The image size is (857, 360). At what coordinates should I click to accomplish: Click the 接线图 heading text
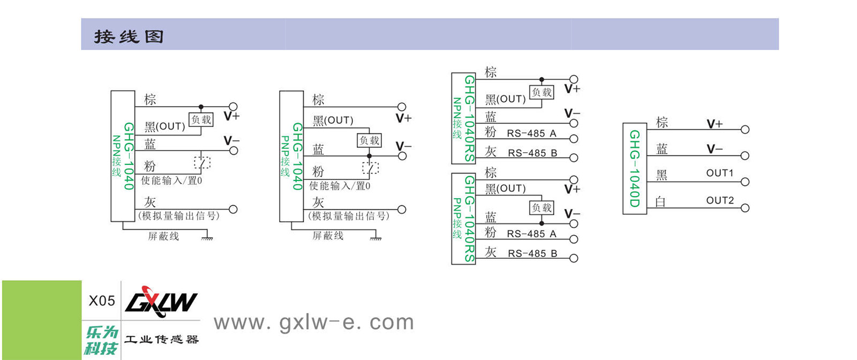[x=129, y=36]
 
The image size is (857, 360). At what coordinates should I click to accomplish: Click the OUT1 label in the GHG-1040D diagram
[x=719, y=173]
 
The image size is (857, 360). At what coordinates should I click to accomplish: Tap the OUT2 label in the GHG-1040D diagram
[x=719, y=200]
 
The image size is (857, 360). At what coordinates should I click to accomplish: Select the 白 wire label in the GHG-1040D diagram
[x=660, y=202]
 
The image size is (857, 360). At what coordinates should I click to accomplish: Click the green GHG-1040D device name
[x=634, y=168]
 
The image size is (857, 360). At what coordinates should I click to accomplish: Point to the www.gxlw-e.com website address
[x=314, y=322]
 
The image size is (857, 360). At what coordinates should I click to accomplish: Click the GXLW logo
[x=161, y=301]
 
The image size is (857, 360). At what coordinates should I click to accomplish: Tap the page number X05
[x=102, y=301]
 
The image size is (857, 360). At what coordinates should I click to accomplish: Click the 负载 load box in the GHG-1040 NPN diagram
[x=201, y=119]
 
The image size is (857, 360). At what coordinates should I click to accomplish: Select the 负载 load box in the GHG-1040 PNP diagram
[x=370, y=140]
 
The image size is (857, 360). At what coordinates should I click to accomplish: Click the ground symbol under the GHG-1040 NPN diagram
[x=207, y=237]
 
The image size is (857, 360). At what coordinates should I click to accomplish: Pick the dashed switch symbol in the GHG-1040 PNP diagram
[x=370, y=168]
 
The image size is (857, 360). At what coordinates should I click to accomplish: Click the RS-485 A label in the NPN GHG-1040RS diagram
[x=531, y=133]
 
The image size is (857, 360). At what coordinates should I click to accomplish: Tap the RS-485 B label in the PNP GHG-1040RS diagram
[x=532, y=253]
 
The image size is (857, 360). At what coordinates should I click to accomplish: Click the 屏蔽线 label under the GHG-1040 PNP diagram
[x=328, y=236]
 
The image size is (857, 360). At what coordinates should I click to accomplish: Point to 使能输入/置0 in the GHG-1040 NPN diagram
[x=171, y=181]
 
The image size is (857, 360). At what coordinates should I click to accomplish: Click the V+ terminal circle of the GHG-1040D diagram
[x=745, y=130]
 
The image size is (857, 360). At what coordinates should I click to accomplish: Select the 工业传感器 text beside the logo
[x=161, y=340]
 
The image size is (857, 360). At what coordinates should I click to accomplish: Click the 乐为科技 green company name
[x=101, y=340]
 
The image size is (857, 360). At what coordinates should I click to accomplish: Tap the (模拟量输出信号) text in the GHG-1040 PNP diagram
[x=349, y=216]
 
